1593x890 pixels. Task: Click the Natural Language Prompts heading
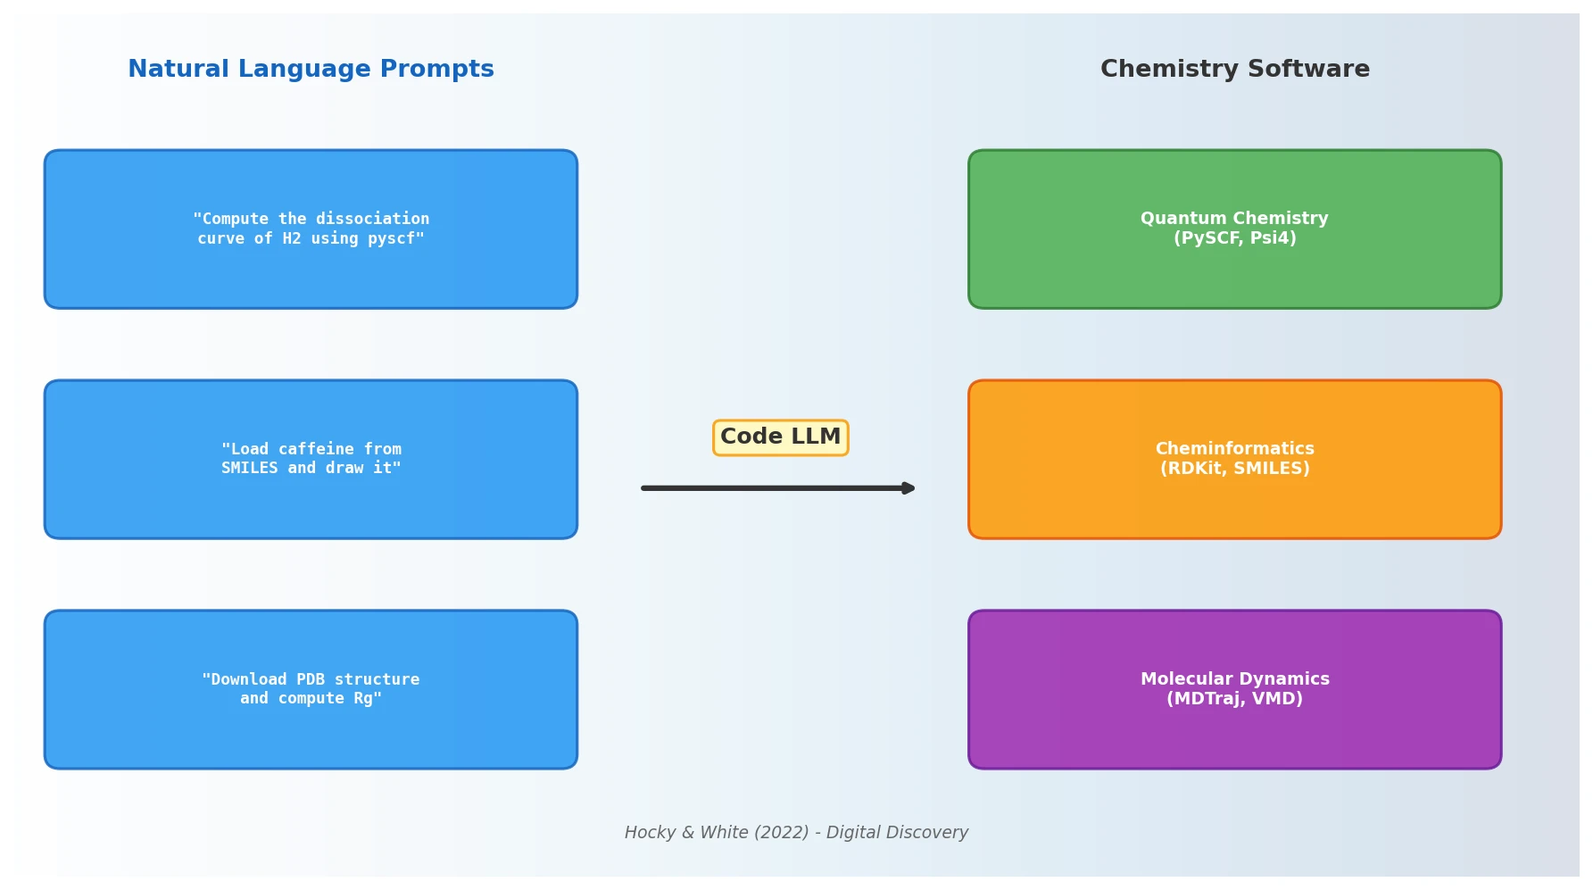(x=311, y=70)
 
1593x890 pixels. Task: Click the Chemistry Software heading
(x=1234, y=70)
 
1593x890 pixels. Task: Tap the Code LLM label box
(x=780, y=437)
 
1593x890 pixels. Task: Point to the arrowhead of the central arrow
(x=908, y=488)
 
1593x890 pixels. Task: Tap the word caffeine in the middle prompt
(x=315, y=449)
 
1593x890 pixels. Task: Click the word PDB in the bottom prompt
(x=311, y=679)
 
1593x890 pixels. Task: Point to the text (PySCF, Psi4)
(x=1234, y=238)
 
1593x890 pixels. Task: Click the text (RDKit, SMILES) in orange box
(x=1234, y=469)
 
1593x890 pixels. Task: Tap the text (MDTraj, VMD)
(x=1234, y=699)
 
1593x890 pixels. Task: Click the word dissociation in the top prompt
(x=372, y=219)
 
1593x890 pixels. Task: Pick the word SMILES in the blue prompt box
(x=250, y=469)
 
